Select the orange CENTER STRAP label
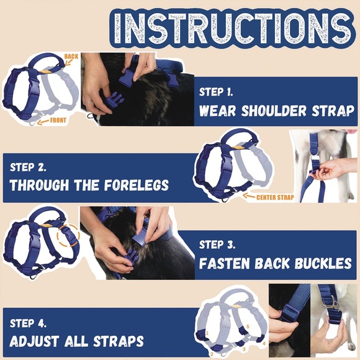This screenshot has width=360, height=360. pyautogui.click(x=274, y=197)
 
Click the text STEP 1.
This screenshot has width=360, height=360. pyautogui.click(x=216, y=92)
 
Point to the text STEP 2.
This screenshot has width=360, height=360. pyautogui.click(x=27, y=168)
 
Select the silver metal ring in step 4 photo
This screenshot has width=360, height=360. pyautogui.click(x=334, y=302)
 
